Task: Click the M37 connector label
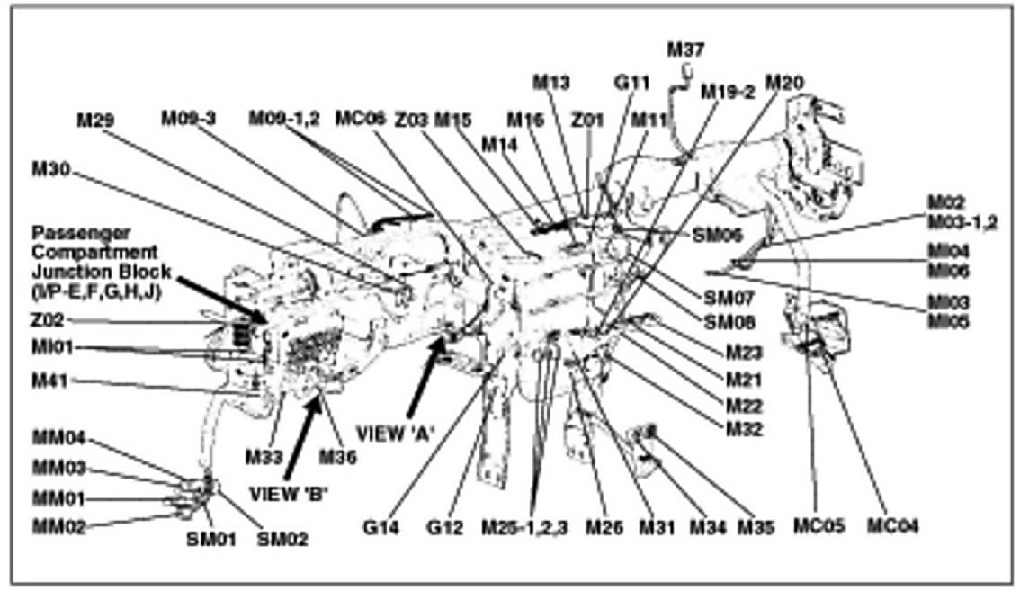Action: point(685,49)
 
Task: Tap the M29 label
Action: point(96,119)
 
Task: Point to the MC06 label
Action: point(362,119)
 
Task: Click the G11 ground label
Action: point(631,83)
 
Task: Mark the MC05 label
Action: point(819,526)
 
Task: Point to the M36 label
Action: point(338,456)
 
